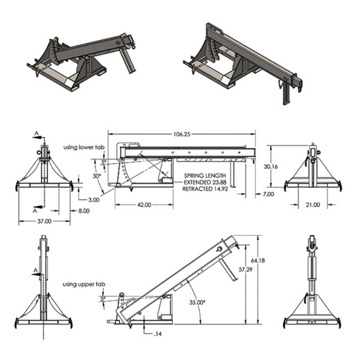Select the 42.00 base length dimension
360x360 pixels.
144,205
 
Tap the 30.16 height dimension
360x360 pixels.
270,166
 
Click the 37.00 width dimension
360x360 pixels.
44,221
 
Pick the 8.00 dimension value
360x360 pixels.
84,210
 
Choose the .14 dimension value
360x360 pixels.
158,334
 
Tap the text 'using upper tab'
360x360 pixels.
84,284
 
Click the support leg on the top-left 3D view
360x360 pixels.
129,63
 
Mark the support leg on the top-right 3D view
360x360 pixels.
286,94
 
